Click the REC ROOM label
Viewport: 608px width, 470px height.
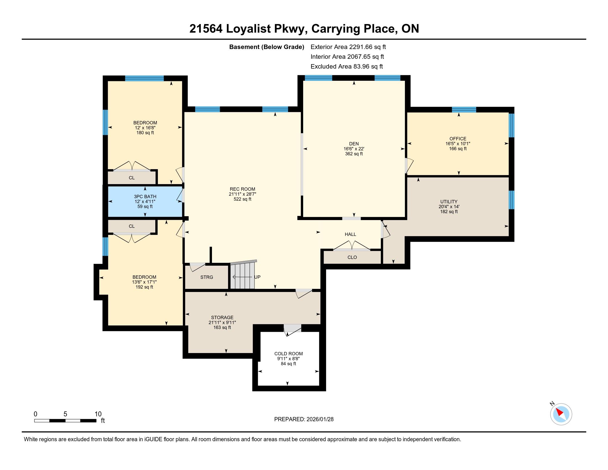[x=242, y=189]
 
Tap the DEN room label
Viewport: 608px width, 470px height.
[x=354, y=144]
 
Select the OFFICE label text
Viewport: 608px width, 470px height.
[x=458, y=139]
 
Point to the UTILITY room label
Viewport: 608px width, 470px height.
[x=449, y=202]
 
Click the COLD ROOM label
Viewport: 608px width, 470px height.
[x=289, y=354]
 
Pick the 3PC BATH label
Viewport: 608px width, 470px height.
[x=145, y=197]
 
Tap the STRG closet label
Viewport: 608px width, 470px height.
[x=206, y=277]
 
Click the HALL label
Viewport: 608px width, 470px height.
[x=350, y=234]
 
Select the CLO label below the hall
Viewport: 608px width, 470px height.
[x=352, y=257]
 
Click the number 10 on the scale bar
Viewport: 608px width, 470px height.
[x=98, y=414]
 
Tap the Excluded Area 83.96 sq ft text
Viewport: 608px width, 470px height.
[x=347, y=67]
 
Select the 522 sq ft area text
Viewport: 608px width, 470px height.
[x=242, y=199]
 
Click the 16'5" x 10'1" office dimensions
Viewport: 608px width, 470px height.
[x=458, y=144]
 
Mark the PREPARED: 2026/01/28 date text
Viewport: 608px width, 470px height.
[x=304, y=419]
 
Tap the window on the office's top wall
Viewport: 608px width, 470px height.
[x=464, y=109]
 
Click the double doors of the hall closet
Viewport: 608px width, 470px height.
[x=352, y=246]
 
